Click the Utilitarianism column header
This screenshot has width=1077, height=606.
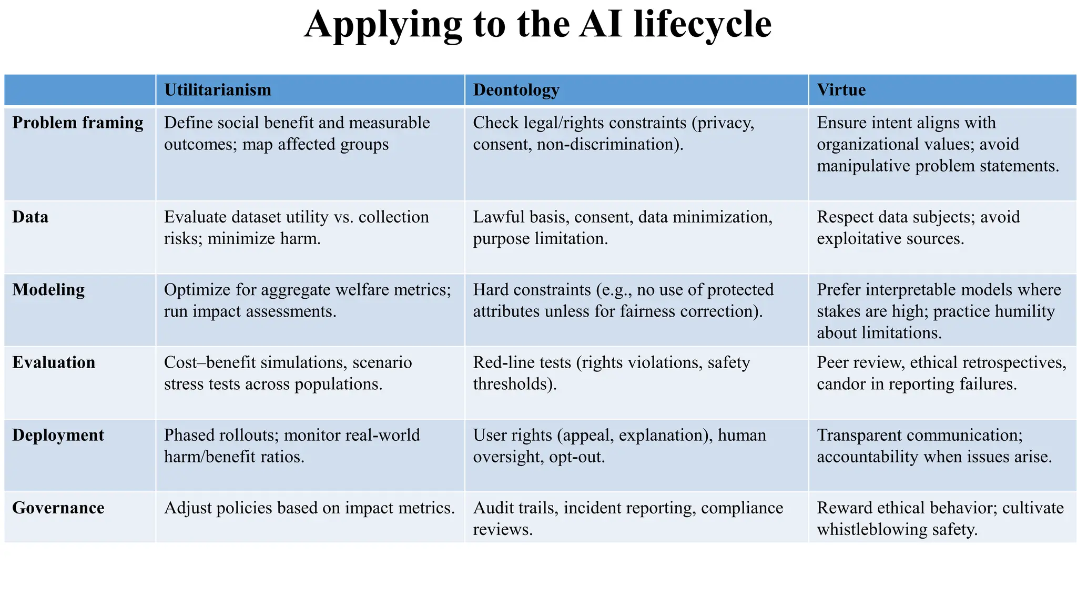pyautogui.click(x=218, y=90)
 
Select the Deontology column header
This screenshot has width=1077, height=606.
pyautogui.click(x=516, y=90)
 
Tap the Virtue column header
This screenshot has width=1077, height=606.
pyautogui.click(x=841, y=90)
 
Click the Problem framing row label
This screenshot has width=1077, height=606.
pyautogui.click(x=78, y=123)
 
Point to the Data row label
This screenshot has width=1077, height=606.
pyautogui.click(x=31, y=217)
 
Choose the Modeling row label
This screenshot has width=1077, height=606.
pyautogui.click(x=48, y=290)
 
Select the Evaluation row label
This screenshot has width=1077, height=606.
pyautogui.click(x=54, y=362)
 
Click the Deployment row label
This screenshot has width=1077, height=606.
pyautogui.click(x=58, y=435)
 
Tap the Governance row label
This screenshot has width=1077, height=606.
pyautogui.click(x=58, y=508)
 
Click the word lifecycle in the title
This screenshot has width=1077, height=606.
pyautogui.click(x=703, y=24)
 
